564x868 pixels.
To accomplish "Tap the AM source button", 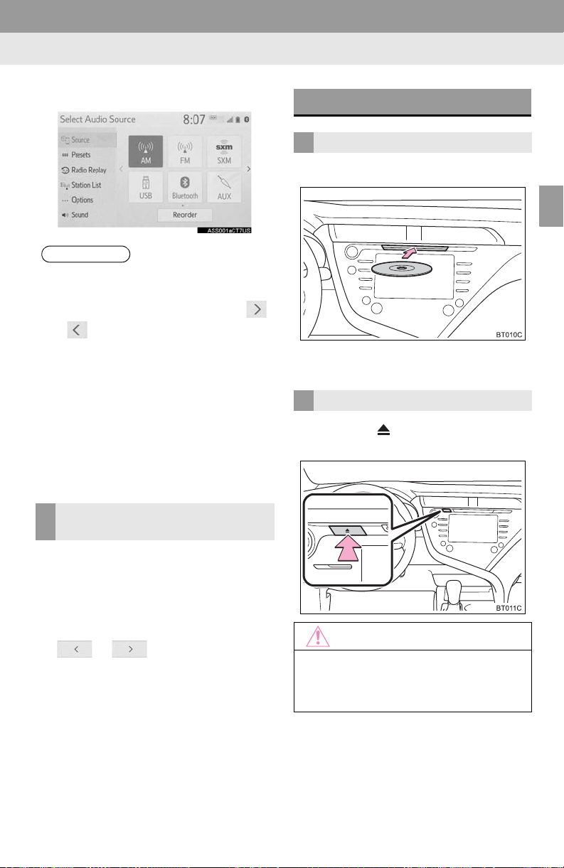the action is (x=146, y=151).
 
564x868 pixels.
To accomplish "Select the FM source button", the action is (x=185, y=151).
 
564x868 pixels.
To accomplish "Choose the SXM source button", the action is (x=224, y=151).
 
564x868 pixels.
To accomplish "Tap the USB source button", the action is (x=146, y=187).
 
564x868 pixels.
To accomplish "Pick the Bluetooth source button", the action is (x=185, y=187).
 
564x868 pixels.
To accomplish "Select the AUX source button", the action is (x=224, y=187).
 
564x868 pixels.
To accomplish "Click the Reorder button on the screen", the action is (x=185, y=215).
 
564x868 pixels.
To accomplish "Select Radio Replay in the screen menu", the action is (x=84, y=170).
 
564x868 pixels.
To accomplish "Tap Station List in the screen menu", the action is (x=81, y=186).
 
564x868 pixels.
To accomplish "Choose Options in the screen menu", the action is (x=78, y=200).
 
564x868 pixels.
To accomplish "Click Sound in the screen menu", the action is (x=75, y=215).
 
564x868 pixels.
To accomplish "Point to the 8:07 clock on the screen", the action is (x=194, y=119).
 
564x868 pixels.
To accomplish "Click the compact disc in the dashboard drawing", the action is (x=402, y=269).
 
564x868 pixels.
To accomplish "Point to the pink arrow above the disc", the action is (x=410, y=253).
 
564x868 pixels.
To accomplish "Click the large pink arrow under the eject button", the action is (x=348, y=548).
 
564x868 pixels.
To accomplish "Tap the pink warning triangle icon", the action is (x=318, y=637).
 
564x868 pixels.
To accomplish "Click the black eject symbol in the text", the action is (x=384, y=430).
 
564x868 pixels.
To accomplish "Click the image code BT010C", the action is (x=509, y=335).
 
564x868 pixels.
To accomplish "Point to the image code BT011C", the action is (x=509, y=609).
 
